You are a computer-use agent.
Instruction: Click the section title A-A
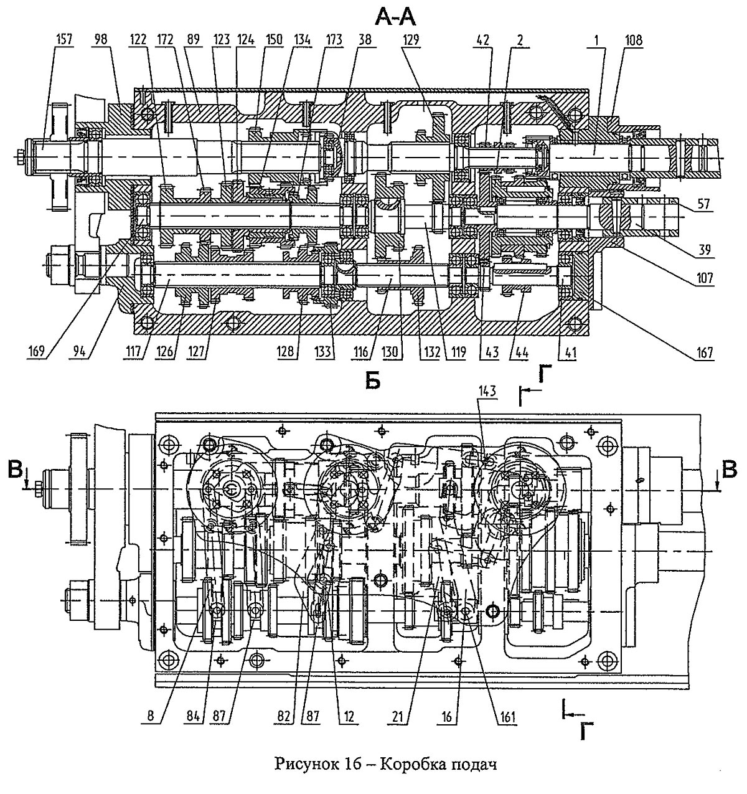coord(396,17)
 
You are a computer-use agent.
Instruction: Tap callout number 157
coord(64,39)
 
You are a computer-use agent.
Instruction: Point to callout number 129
coord(411,40)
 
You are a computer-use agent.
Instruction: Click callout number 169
coord(37,352)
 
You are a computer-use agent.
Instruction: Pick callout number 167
coord(704,352)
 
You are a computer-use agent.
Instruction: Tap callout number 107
coord(704,278)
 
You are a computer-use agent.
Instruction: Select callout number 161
coord(506,717)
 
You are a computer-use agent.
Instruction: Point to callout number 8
coord(151,716)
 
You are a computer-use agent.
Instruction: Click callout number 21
coord(398,716)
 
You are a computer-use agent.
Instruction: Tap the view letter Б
coord(373,382)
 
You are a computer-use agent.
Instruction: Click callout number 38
coord(365,40)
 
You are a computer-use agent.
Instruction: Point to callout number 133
coord(323,352)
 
